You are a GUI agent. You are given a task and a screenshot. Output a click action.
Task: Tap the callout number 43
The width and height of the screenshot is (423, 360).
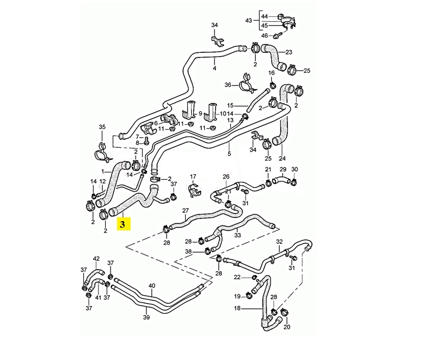click(249, 21)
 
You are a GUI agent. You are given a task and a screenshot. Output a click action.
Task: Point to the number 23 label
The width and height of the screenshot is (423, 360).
click(289, 52)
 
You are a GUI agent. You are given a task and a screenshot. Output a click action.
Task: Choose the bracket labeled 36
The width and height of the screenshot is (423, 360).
click(244, 86)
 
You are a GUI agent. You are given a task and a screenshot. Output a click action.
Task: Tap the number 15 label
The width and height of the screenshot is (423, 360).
click(230, 105)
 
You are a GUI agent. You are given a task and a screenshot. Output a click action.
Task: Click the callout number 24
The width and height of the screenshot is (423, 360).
click(282, 158)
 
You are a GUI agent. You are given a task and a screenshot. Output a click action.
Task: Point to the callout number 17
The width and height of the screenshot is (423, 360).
click(193, 176)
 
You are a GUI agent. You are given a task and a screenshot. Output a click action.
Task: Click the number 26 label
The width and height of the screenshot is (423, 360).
click(226, 176)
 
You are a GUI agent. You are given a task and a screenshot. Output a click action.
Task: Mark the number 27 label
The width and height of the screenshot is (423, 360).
click(185, 210)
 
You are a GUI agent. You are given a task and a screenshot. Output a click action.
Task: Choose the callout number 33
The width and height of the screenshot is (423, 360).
click(237, 235)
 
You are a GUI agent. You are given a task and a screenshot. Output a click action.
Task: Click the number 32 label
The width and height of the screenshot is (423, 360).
click(279, 241)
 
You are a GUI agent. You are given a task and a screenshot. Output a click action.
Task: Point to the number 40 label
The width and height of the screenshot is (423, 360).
click(152, 285)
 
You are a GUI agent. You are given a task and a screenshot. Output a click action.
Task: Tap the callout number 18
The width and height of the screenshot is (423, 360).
click(237, 308)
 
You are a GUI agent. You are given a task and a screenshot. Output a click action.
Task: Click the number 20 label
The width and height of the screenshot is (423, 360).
click(287, 327)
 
